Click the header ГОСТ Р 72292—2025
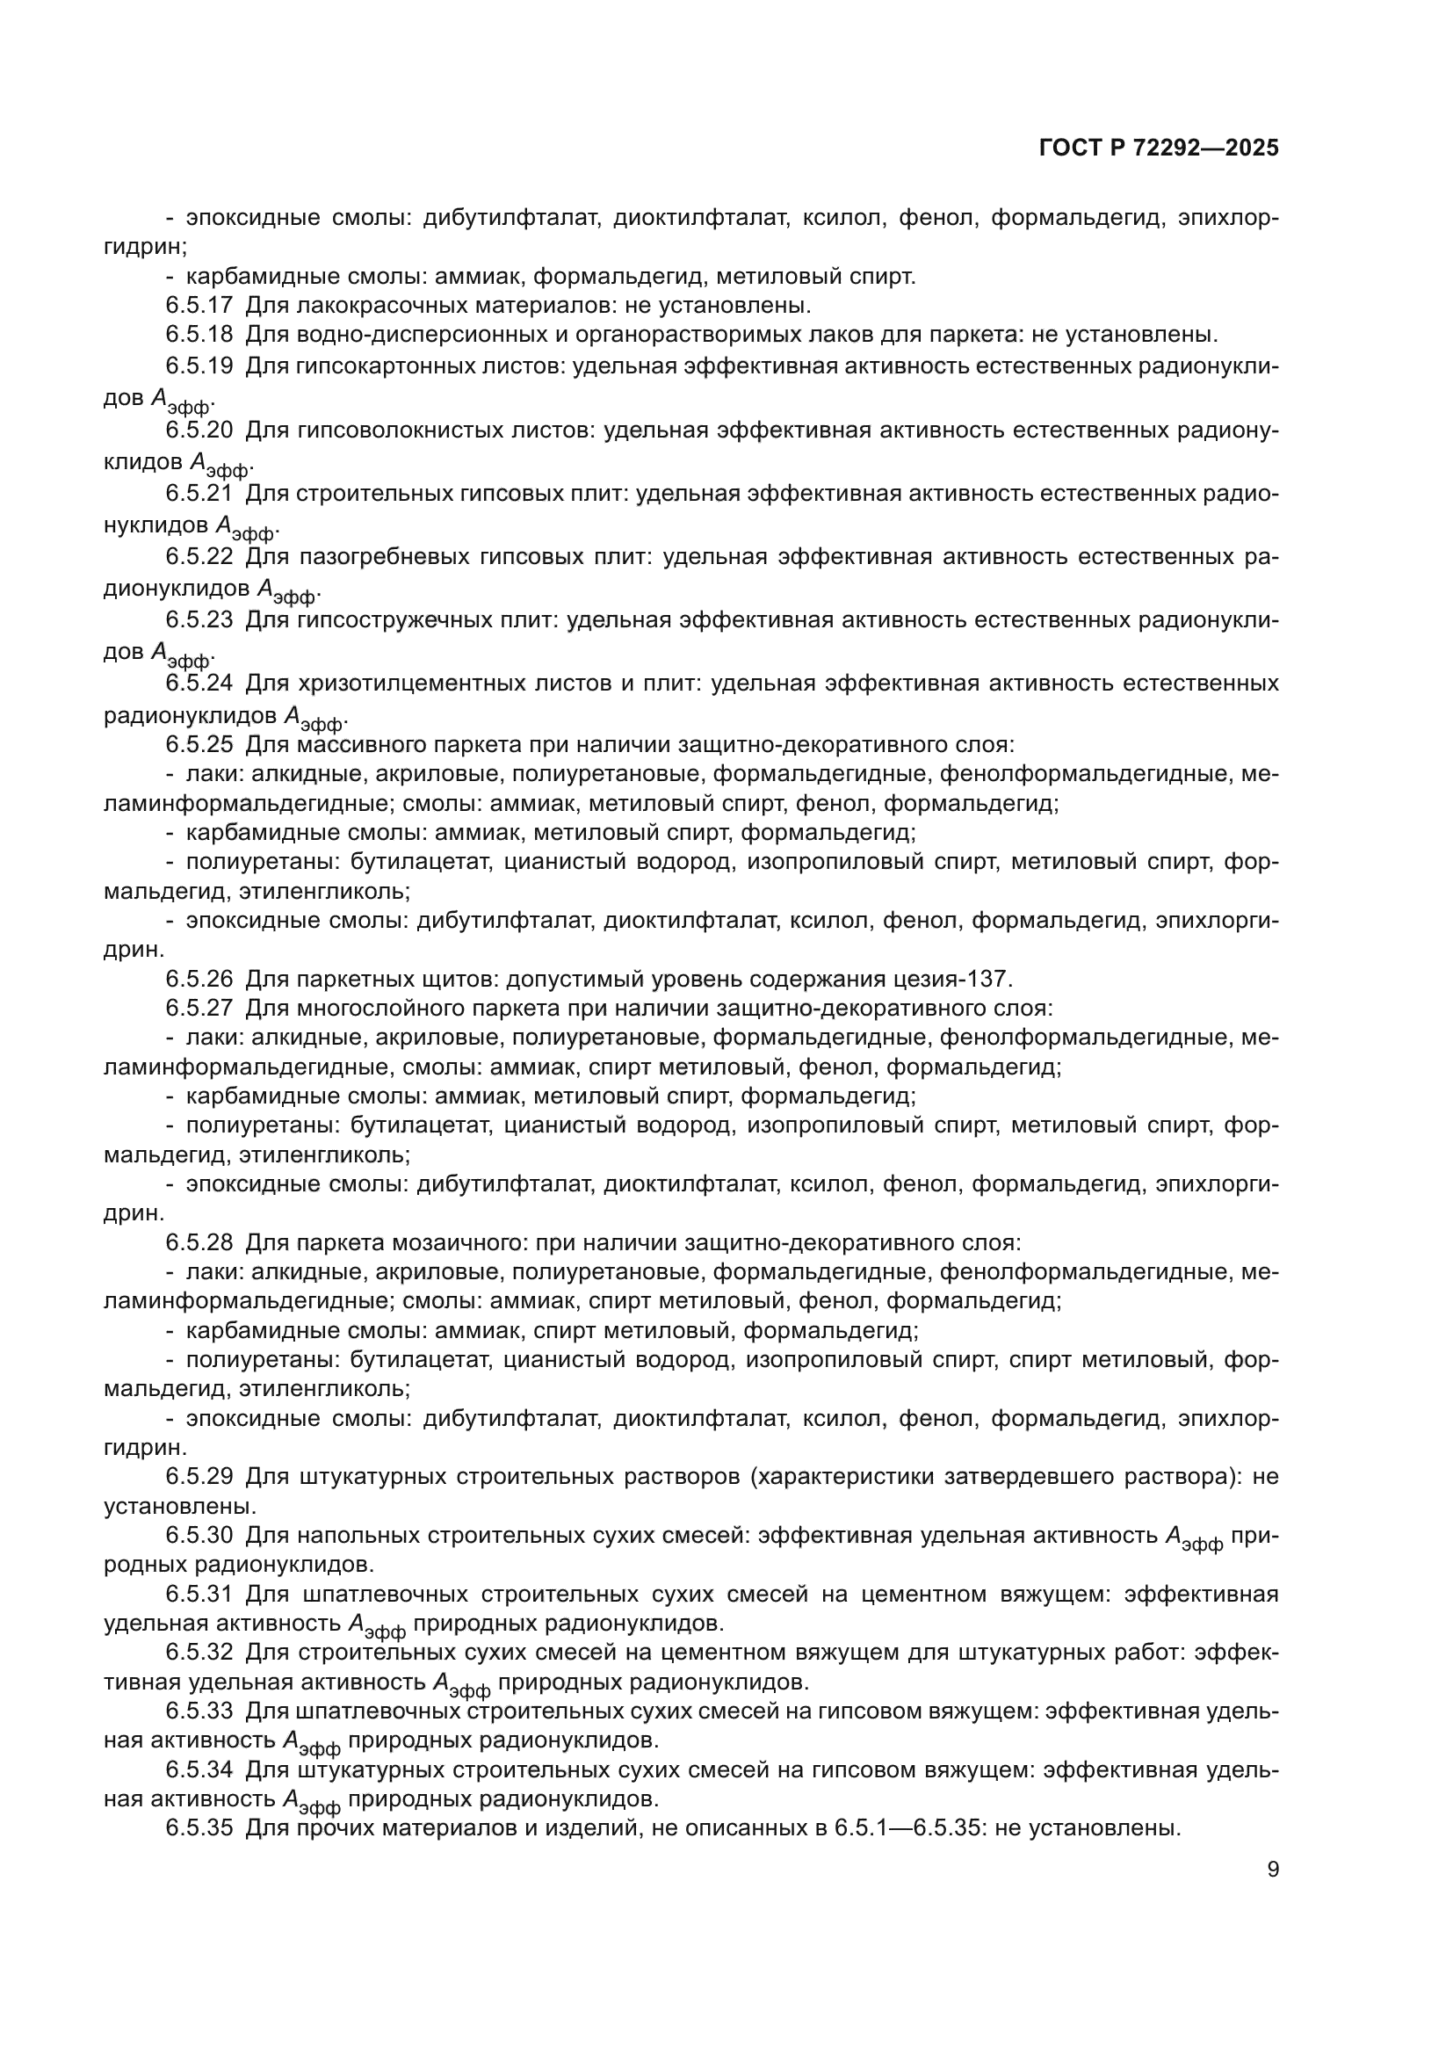pyautogui.click(x=1159, y=148)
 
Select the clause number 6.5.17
pyautogui.click(x=199, y=306)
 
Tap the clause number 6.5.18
pyautogui.click(x=199, y=336)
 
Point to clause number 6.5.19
pyautogui.click(x=199, y=366)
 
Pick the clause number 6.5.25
pyautogui.click(x=199, y=745)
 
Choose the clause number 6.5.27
pyautogui.click(x=199, y=1008)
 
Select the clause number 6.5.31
pyautogui.click(x=199, y=1594)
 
